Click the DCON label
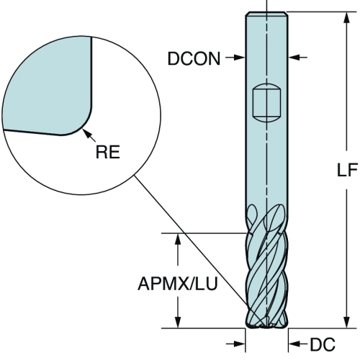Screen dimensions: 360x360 (194, 58)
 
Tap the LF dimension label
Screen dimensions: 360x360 (347, 170)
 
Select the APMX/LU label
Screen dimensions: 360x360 (177, 284)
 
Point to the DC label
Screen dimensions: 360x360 (323, 344)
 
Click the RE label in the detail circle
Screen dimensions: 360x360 (108, 152)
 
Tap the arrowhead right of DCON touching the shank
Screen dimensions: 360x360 (240, 58)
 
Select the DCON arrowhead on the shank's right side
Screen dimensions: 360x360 (294, 58)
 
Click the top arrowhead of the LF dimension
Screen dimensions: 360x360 (346, 17)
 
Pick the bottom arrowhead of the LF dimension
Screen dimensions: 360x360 (346, 322)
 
